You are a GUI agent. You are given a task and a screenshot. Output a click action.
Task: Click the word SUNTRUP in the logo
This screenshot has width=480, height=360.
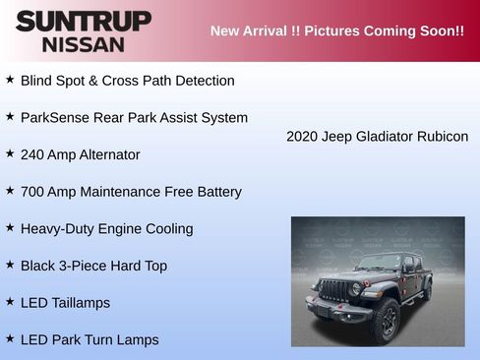coord(83,21)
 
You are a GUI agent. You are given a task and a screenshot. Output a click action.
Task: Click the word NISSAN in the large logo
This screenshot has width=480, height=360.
coord(83,43)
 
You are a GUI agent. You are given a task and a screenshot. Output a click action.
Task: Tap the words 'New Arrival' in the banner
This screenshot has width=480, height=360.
coord(250,31)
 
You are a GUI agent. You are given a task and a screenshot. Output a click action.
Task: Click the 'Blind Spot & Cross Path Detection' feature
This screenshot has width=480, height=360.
coord(127,81)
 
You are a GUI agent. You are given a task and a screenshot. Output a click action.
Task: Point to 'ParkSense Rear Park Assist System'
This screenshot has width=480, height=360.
coord(134,118)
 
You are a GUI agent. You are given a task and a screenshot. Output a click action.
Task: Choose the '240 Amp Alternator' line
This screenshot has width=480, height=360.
coord(80,154)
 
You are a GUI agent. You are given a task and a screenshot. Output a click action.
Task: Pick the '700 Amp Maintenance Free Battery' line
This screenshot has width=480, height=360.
coord(130,192)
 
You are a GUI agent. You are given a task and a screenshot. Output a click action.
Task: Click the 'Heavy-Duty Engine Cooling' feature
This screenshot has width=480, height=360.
coord(106,229)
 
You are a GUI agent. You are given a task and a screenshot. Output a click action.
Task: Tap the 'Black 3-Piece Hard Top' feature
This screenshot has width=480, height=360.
coord(93,266)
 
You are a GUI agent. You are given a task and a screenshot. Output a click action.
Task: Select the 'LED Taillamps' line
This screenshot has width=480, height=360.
coord(65,303)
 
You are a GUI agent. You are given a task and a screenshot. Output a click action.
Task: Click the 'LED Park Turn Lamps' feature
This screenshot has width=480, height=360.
coord(89,340)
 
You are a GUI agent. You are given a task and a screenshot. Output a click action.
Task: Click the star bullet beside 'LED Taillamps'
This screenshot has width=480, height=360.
coord(10,302)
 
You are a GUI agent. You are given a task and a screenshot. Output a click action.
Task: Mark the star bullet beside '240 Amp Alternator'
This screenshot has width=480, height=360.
coord(10,153)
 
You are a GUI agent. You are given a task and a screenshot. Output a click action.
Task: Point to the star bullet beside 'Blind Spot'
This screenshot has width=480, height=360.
coord(10,80)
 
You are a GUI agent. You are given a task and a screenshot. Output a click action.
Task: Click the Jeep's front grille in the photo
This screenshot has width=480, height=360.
coord(336,290)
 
